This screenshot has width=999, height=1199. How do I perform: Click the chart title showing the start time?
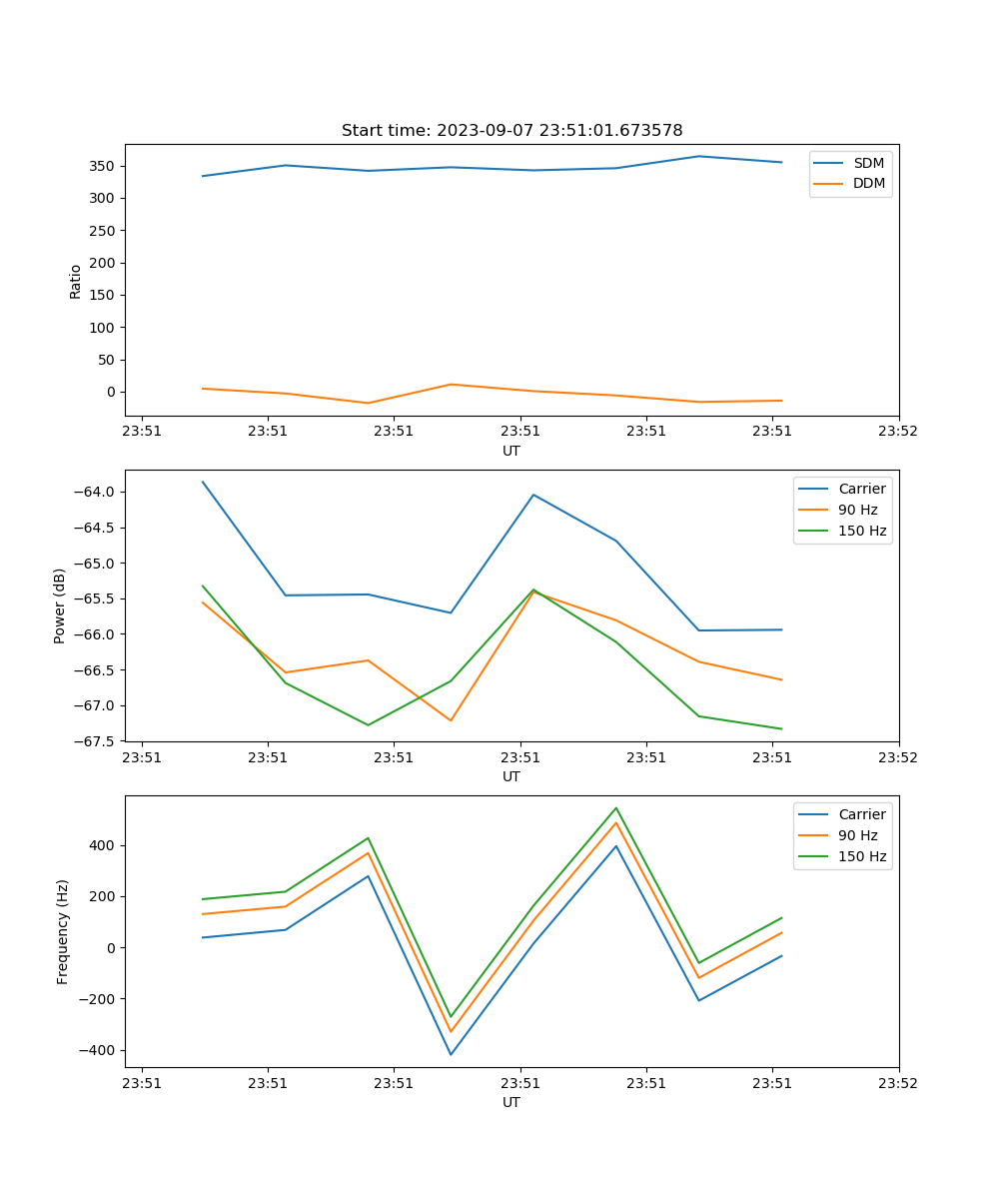coord(511,131)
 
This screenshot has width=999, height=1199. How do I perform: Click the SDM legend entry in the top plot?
coord(868,163)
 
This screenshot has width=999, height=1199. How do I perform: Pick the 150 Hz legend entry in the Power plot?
coord(862,531)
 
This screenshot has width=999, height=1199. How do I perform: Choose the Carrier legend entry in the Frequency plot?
coord(861,814)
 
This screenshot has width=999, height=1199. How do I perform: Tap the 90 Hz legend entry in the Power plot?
coord(858,510)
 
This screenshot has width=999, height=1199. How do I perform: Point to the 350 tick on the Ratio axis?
coord(105,166)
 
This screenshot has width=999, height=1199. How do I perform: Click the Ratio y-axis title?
coord(76,281)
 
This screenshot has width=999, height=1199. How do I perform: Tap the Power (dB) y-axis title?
coord(61,605)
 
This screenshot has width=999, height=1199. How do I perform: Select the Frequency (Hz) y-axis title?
coord(63,931)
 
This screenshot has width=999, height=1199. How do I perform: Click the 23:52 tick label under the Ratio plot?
coord(898,432)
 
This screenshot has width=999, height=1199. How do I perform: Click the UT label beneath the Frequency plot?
coord(511,1102)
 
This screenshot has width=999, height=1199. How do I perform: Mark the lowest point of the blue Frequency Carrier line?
coord(451,1054)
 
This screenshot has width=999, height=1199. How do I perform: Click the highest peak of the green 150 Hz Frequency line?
coord(616,807)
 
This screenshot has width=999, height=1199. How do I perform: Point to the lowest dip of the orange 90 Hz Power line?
coord(451,720)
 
